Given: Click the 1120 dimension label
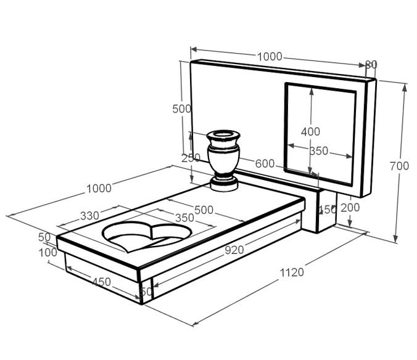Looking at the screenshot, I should click(x=292, y=272).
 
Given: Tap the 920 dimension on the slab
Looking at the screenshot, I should click(x=234, y=250).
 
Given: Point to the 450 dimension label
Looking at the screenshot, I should click(x=101, y=282).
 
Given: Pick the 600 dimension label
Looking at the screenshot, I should click(x=264, y=163).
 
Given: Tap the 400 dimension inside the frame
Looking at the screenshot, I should click(x=310, y=131).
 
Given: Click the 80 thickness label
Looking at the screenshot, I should click(x=371, y=64).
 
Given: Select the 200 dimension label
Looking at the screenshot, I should click(x=350, y=207).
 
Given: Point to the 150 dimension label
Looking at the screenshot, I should click(x=327, y=210).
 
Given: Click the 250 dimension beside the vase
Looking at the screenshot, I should click(x=191, y=158).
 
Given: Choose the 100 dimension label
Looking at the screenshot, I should click(x=47, y=252).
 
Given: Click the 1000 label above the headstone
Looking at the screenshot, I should click(x=270, y=57).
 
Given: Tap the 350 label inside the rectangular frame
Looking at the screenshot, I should click(x=318, y=151).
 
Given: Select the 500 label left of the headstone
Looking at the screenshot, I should click(x=181, y=109).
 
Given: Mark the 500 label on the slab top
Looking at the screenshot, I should click(x=204, y=210).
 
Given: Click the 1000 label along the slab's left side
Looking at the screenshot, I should click(x=99, y=188).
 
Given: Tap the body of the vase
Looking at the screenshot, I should click(x=223, y=158).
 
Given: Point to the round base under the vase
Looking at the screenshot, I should click(x=225, y=184).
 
